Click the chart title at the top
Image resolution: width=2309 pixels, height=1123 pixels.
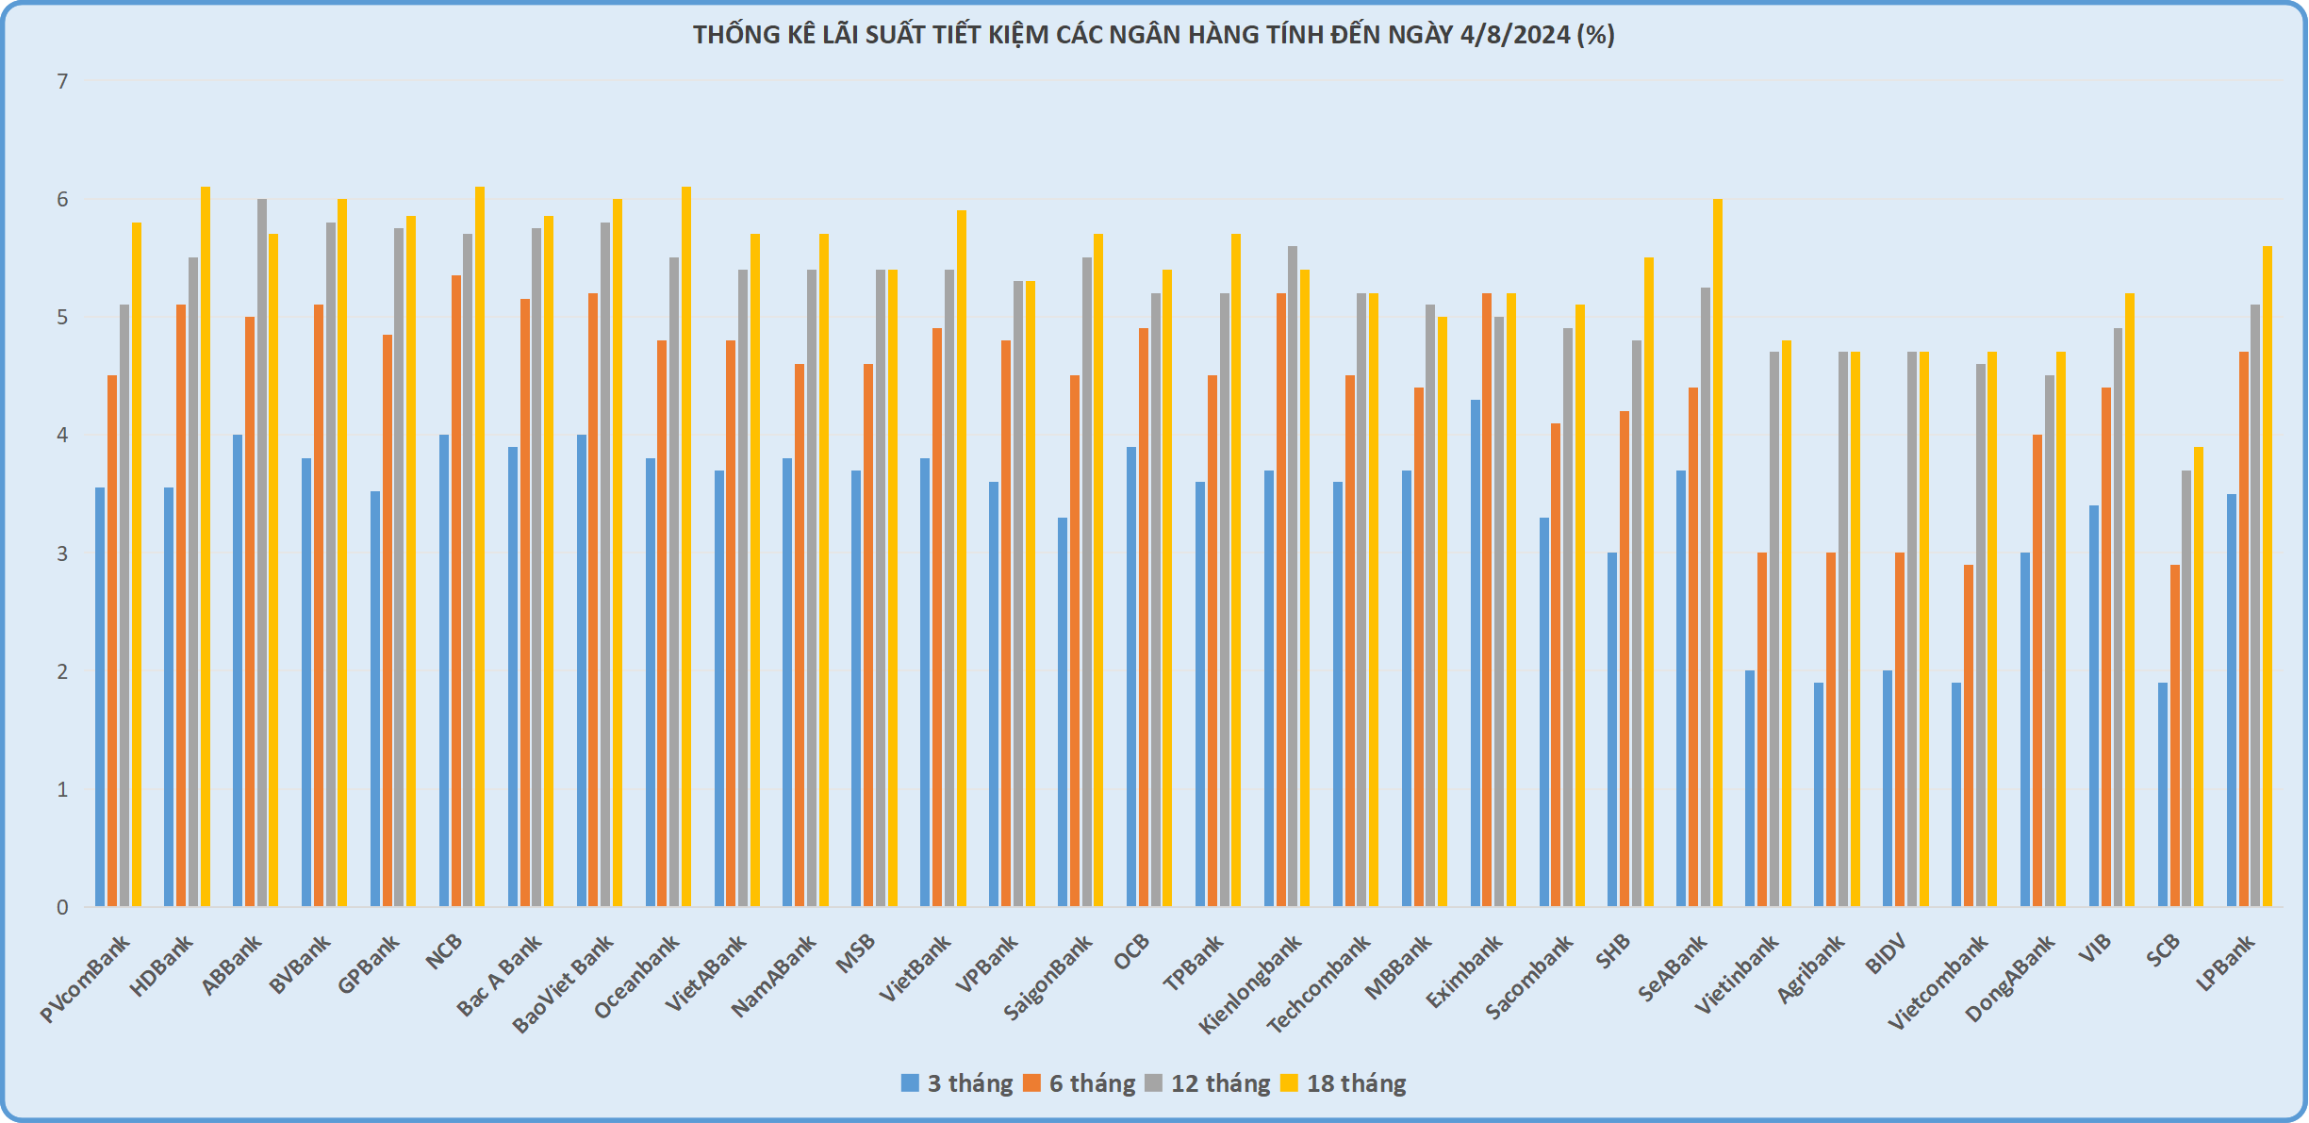click(x=1153, y=35)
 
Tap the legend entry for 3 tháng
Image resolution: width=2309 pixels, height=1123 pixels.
click(x=956, y=1083)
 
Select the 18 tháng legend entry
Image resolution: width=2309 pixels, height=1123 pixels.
click(x=1343, y=1083)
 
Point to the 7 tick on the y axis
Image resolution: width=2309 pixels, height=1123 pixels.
click(x=62, y=82)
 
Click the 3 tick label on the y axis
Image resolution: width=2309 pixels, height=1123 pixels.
click(x=62, y=554)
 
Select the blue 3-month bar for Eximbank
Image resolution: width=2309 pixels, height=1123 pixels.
click(x=1476, y=652)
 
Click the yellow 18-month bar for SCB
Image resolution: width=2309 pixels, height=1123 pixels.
click(x=2199, y=677)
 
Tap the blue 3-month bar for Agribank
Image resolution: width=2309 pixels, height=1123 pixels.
click(x=1819, y=794)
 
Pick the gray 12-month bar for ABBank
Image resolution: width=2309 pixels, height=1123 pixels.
click(x=262, y=553)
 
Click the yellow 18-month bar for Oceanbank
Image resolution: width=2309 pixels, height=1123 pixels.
click(x=686, y=547)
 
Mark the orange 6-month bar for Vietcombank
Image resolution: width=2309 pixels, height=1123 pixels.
click(x=1969, y=735)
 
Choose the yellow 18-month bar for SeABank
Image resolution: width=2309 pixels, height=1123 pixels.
click(x=1718, y=553)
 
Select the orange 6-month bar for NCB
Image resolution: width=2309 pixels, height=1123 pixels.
click(x=456, y=591)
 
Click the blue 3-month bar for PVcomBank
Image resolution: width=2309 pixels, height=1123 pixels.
click(x=100, y=697)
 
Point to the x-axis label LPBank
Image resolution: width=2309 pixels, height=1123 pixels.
click(x=2226, y=962)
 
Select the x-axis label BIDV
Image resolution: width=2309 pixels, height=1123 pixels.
click(x=1887, y=953)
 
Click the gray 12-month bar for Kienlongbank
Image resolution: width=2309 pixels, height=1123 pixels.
click(x=1293, y=576)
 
